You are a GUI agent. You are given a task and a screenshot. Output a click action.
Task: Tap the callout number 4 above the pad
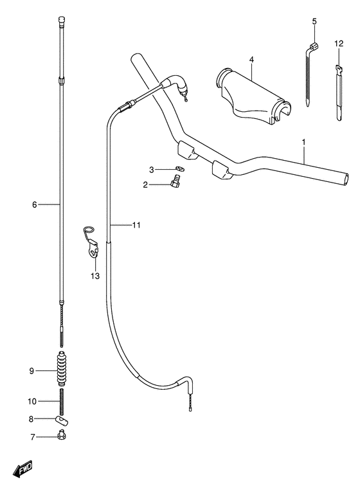pyautogui.click(x=251, y=60)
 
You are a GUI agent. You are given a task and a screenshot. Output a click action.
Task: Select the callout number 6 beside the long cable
pyautogui.click(x=34, y=204)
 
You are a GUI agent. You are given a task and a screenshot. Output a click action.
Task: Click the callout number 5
pyautogui.click(x=314, y=22)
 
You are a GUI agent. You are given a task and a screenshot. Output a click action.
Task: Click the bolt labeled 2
pyautogui.click(x=174, y=184)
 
